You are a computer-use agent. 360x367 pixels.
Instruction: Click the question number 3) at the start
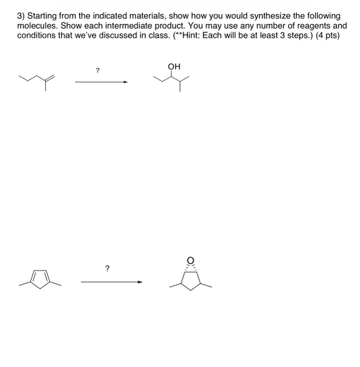click(22, 15)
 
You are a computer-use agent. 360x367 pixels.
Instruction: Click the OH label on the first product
click(174, 66)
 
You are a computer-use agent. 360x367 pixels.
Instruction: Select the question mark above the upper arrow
click(97, 71)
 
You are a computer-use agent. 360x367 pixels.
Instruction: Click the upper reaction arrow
click(101, 81)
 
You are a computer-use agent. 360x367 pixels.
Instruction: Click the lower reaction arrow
click(112, 282)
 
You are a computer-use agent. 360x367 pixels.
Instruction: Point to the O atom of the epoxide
click(191, 260)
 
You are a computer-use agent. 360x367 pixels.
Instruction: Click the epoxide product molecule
click(191, 277)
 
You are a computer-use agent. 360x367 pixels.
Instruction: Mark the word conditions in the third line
click(38, 36)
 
